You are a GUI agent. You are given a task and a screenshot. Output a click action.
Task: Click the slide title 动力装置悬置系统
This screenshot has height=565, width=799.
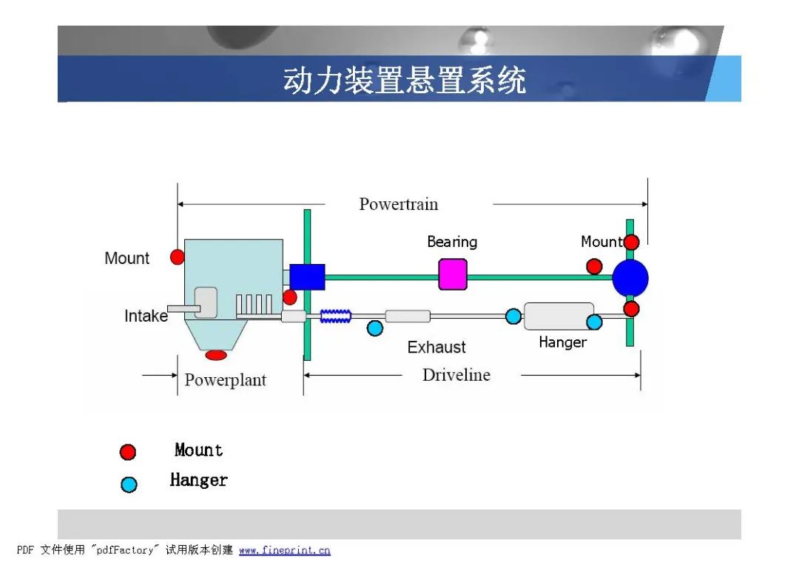click(x=405, y=80)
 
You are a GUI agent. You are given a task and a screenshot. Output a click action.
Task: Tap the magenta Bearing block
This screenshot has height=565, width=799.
click(x=453, y=274)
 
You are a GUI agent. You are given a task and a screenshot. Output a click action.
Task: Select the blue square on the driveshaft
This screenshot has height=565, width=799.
click(x=307, y=277)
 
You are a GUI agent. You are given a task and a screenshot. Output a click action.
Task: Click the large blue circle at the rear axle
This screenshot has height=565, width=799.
click(x=630, y=278)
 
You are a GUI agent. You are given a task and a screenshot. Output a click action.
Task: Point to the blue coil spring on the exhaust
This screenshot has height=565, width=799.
click(x=335, y=317)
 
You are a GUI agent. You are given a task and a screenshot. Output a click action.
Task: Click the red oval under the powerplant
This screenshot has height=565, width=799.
click(x=216, y=354)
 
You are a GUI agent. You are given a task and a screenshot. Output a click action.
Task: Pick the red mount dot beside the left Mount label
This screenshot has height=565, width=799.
click(x=178, y=257)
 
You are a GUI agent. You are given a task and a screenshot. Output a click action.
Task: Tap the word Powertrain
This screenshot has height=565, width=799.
click(x=399, y=204)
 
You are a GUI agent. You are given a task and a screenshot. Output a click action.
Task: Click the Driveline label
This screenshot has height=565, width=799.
click(x=456, y=375)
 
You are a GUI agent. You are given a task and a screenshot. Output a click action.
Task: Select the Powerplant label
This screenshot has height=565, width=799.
click(x=225, y=379)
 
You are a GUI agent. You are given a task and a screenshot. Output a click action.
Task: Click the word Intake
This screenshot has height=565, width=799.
click(x=146, y=316)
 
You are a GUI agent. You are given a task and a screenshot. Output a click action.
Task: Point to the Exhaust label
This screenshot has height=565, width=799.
click(x=436, y=347)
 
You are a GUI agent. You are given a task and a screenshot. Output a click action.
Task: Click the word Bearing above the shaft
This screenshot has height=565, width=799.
click(x=452, y=242)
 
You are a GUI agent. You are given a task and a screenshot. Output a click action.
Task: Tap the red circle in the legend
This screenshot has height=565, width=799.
click(x=128, y=452)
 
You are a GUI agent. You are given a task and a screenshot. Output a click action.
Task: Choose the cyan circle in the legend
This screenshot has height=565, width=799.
click(x=129, y=484)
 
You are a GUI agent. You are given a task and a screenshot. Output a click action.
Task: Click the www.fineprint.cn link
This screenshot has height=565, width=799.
click(x=284, y=550)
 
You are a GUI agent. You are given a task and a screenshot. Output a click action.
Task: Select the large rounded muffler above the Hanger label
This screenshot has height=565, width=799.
click(x=559, y=316)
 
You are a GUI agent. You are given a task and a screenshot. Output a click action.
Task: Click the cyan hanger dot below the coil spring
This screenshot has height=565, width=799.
click(x=375, y=328)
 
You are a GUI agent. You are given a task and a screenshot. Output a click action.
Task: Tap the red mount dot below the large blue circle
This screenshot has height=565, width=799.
click(x=631, y=308)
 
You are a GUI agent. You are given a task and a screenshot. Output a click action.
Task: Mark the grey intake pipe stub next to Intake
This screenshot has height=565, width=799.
click(x=184, y=308)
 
